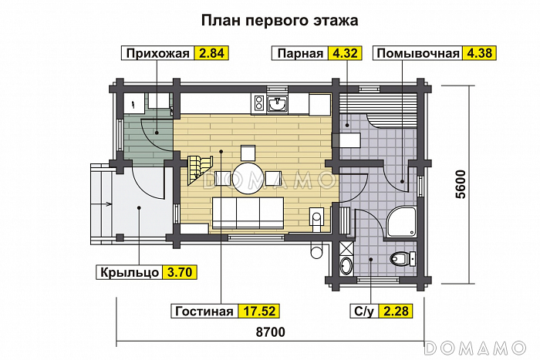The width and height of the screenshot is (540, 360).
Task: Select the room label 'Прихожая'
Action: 157,53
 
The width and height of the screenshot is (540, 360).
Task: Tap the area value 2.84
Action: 212,53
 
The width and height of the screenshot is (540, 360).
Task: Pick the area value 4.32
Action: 343,53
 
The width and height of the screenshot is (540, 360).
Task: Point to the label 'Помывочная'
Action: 417,53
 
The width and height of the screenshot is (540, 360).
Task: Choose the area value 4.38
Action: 478,53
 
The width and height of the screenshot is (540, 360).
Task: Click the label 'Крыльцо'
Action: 129,272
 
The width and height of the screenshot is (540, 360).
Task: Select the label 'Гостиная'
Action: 204,311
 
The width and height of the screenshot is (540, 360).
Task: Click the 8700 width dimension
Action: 268,332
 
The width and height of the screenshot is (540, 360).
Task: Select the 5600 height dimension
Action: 461,184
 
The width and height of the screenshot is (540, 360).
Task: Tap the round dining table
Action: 248,174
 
